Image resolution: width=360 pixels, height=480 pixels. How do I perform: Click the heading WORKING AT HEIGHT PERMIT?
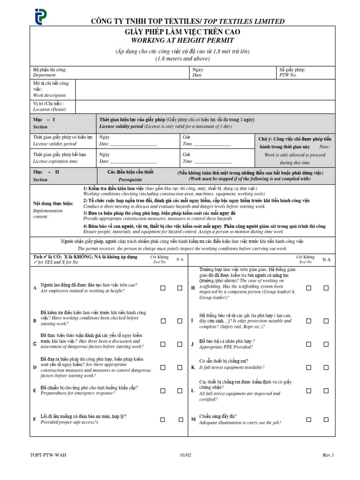(x=180, y=40)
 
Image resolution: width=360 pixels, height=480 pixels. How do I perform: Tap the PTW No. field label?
(x=288, y=75)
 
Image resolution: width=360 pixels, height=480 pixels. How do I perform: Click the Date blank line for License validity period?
(x=134, y=144)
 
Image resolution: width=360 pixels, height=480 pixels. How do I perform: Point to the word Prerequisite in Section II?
(x=130, y=179)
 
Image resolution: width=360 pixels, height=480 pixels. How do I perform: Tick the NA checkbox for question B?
(x=180, y=321)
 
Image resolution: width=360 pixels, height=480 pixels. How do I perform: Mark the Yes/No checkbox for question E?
(x=163, y=390)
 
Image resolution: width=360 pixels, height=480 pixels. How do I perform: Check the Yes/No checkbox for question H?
(x=308, y=288)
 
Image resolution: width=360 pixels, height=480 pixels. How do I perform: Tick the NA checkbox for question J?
(x=326, y=344)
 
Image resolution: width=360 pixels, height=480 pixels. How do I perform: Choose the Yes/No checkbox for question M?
(x=308, y=419)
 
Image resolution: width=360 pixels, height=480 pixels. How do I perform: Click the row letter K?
(x=192, y=367)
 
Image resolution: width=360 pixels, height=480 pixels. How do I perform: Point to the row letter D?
(x=34, y=367)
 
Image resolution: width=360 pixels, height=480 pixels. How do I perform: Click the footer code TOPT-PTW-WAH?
(x=45, y=455)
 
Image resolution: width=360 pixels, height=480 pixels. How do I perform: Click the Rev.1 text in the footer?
(x=328, y=455)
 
